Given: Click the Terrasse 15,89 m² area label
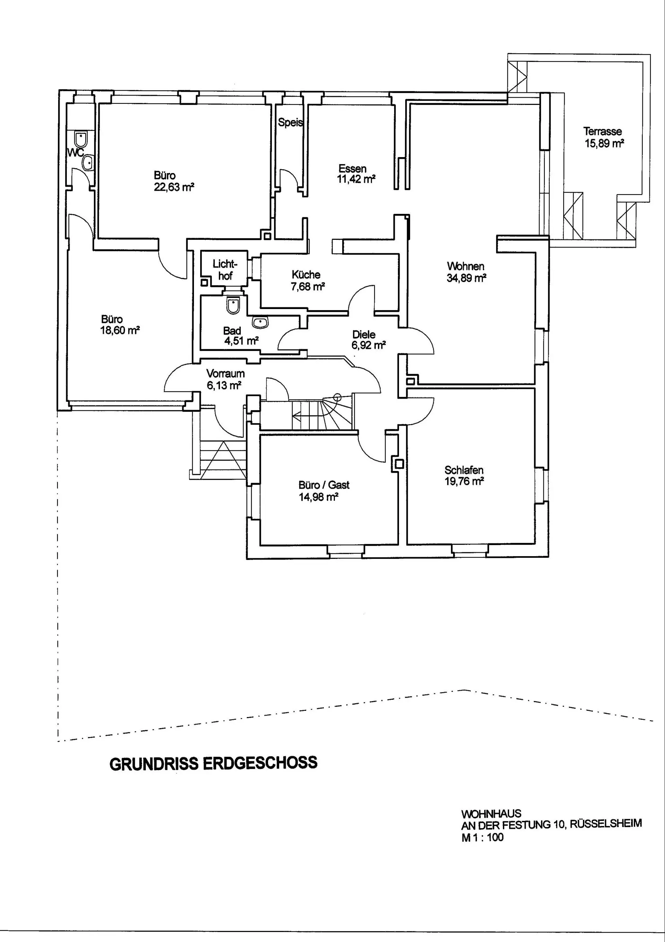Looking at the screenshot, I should click(x=603, y=137).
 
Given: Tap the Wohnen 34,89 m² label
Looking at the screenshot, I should click(x=466, y=272).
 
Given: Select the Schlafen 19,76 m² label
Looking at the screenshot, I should click(x=464, y=476).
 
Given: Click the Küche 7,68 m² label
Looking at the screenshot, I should click(x=307, y=280).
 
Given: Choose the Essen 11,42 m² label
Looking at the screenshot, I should click(x=355, y=173).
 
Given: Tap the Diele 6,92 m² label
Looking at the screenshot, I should click(x=368, y=340).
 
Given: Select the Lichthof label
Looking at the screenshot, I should click(x=224, y=270).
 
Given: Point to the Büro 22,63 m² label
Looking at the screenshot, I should click(x=173, y=181).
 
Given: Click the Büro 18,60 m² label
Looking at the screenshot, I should click(x=119, y=325).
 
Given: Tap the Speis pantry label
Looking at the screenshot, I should click(x=290, y=122).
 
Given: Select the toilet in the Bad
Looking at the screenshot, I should click(x=233, y=306).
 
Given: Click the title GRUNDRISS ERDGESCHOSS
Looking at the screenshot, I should click(x=213, y=763).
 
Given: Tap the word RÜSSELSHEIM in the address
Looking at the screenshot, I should click(x=605, y=823).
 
